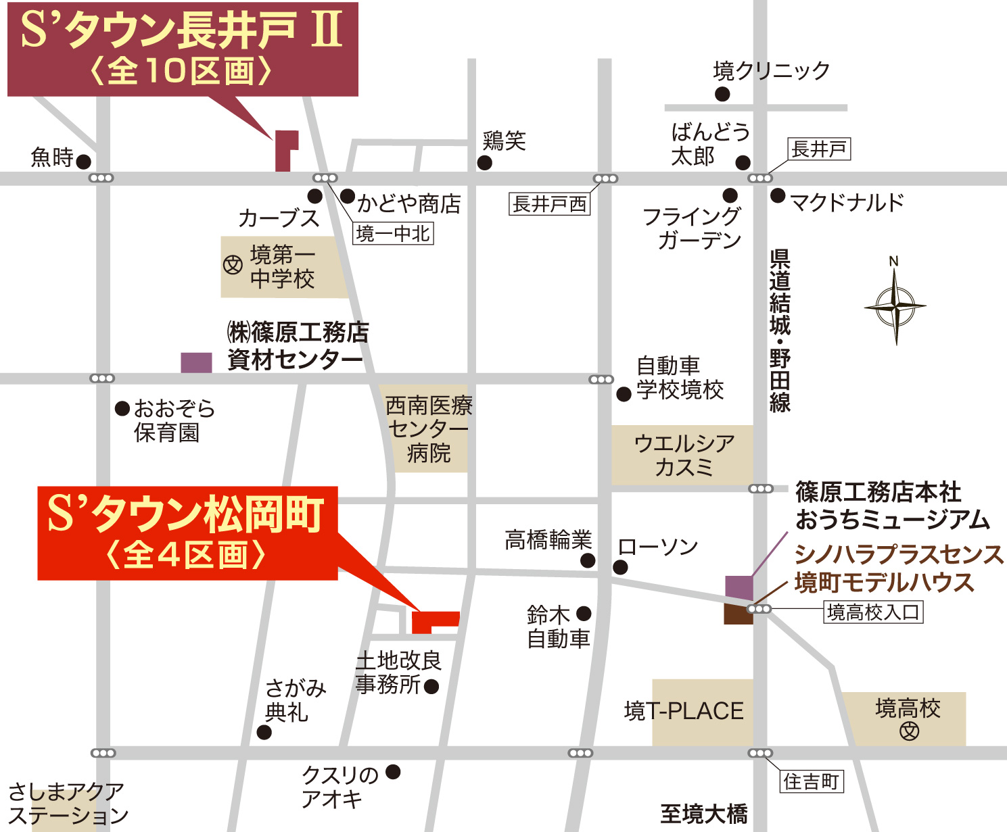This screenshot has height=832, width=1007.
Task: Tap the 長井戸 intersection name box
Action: [819, 149]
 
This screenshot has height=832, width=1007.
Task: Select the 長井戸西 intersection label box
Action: [549, 204]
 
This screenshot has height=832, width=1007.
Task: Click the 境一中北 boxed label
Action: [393, 234]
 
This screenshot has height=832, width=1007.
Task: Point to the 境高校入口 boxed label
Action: [873, 612]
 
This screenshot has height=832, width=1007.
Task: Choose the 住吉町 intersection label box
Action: [812, 782]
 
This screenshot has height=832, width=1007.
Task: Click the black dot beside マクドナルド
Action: [778, 196]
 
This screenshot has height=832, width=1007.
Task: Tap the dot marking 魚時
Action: [83, 162]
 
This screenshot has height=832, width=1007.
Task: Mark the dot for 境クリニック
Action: [722, 94]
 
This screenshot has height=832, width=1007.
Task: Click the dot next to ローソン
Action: [620, 567]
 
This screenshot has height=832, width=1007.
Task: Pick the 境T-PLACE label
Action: [684, 711]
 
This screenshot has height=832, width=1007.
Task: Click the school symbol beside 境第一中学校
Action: [233, 265]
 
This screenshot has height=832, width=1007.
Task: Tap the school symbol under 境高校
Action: [909, 731]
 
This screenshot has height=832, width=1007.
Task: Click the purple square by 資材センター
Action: [196, 362]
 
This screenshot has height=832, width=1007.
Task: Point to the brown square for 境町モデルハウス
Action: [738, 614]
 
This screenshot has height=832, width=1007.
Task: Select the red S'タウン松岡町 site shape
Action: [434, 620]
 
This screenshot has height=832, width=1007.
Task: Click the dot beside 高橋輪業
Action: [588, 560]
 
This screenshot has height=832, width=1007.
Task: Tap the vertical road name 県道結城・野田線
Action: [780, 331]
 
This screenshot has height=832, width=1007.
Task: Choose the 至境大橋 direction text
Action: [703, 814]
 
